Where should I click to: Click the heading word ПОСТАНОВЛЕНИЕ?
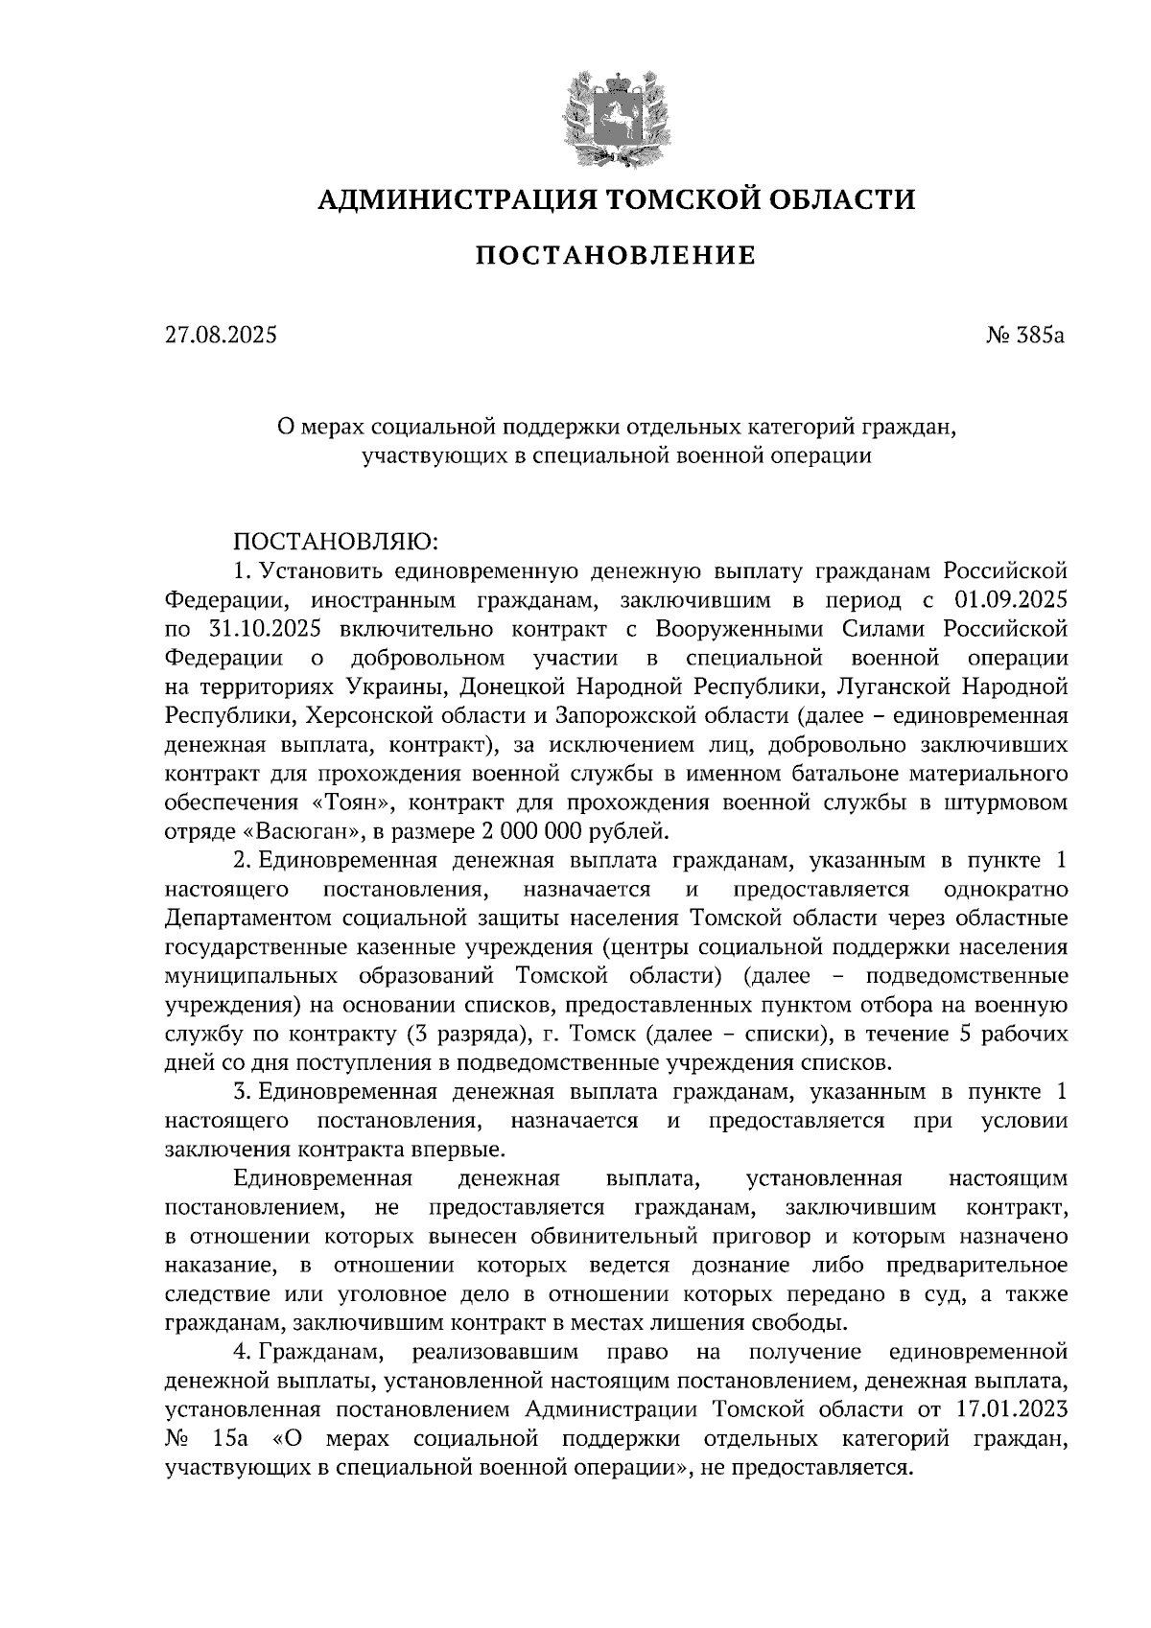point(616,256)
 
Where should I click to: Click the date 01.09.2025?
point(1011,600)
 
